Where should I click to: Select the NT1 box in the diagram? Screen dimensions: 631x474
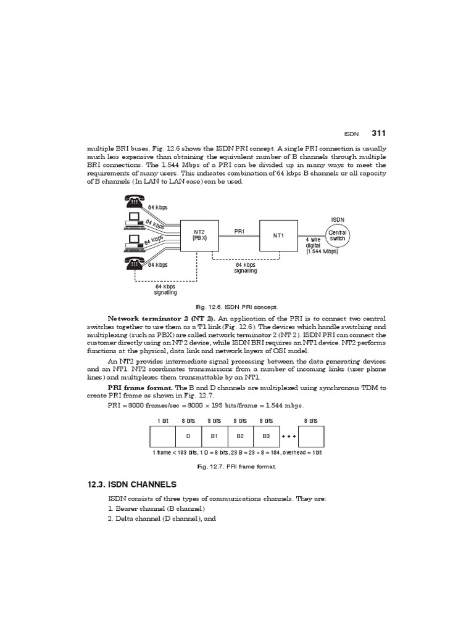(x=278, y=235)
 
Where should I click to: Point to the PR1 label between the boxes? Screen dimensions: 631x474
(x=239, y=231)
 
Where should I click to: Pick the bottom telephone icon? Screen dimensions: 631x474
(x=134, y=264)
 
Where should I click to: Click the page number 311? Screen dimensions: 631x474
(x=379, y=133)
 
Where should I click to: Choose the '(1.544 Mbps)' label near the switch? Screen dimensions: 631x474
(x=322, y=251)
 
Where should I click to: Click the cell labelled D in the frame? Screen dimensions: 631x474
(x=187, y=436)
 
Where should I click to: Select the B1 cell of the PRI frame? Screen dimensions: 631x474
(x=215, y=436)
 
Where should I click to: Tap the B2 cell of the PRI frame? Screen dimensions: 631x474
(x=241, y=436)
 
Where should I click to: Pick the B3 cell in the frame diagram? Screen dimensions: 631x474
(x=267, y=436)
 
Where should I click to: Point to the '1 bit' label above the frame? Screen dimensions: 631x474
(x=162, y=420)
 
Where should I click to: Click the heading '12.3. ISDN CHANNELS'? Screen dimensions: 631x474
(x=132, y=485)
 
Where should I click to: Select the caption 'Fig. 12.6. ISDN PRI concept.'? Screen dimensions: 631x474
(x=237, y=306)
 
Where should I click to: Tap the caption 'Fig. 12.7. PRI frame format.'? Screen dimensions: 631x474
(x=237, y=467)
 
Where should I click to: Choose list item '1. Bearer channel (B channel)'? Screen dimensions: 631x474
(x=156, y=508)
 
